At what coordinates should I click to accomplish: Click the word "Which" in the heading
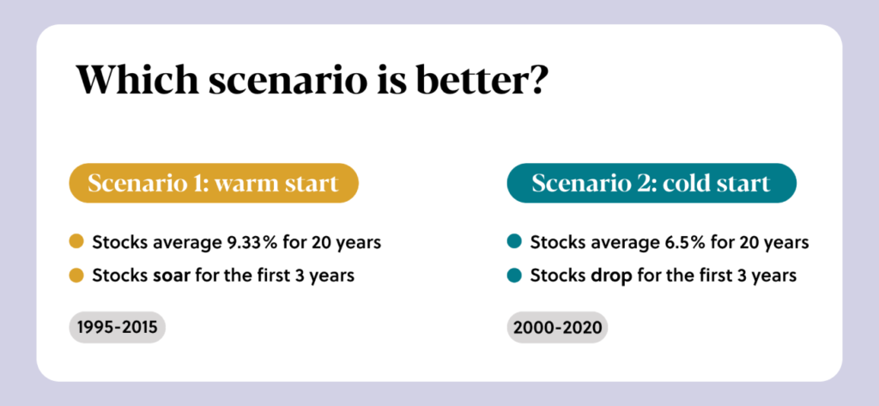pyautogui.click(x=137, y=80)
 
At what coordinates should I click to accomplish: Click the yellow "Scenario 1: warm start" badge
pyautogui.click(x=213, y=184)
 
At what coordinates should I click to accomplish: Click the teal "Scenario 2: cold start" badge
pyautogui.click(x=652, y=184)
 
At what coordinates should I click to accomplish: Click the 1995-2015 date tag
pyautogui.click(x=117, y=328)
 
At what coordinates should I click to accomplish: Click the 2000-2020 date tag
pyautogui.click(x=557, y=328)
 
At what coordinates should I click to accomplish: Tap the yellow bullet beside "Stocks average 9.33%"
pyautogui.click(x=76, y=242)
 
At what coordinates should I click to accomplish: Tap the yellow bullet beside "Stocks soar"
pyautogui.click(x=76, y=276)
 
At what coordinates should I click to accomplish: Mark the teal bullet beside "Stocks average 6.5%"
pyautogui.click(x=514, y=242)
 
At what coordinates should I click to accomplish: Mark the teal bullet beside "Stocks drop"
pyautogui.click(x=514, y=276)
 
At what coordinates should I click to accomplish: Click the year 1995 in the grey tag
pyautogui.click(x=94, y=328)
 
